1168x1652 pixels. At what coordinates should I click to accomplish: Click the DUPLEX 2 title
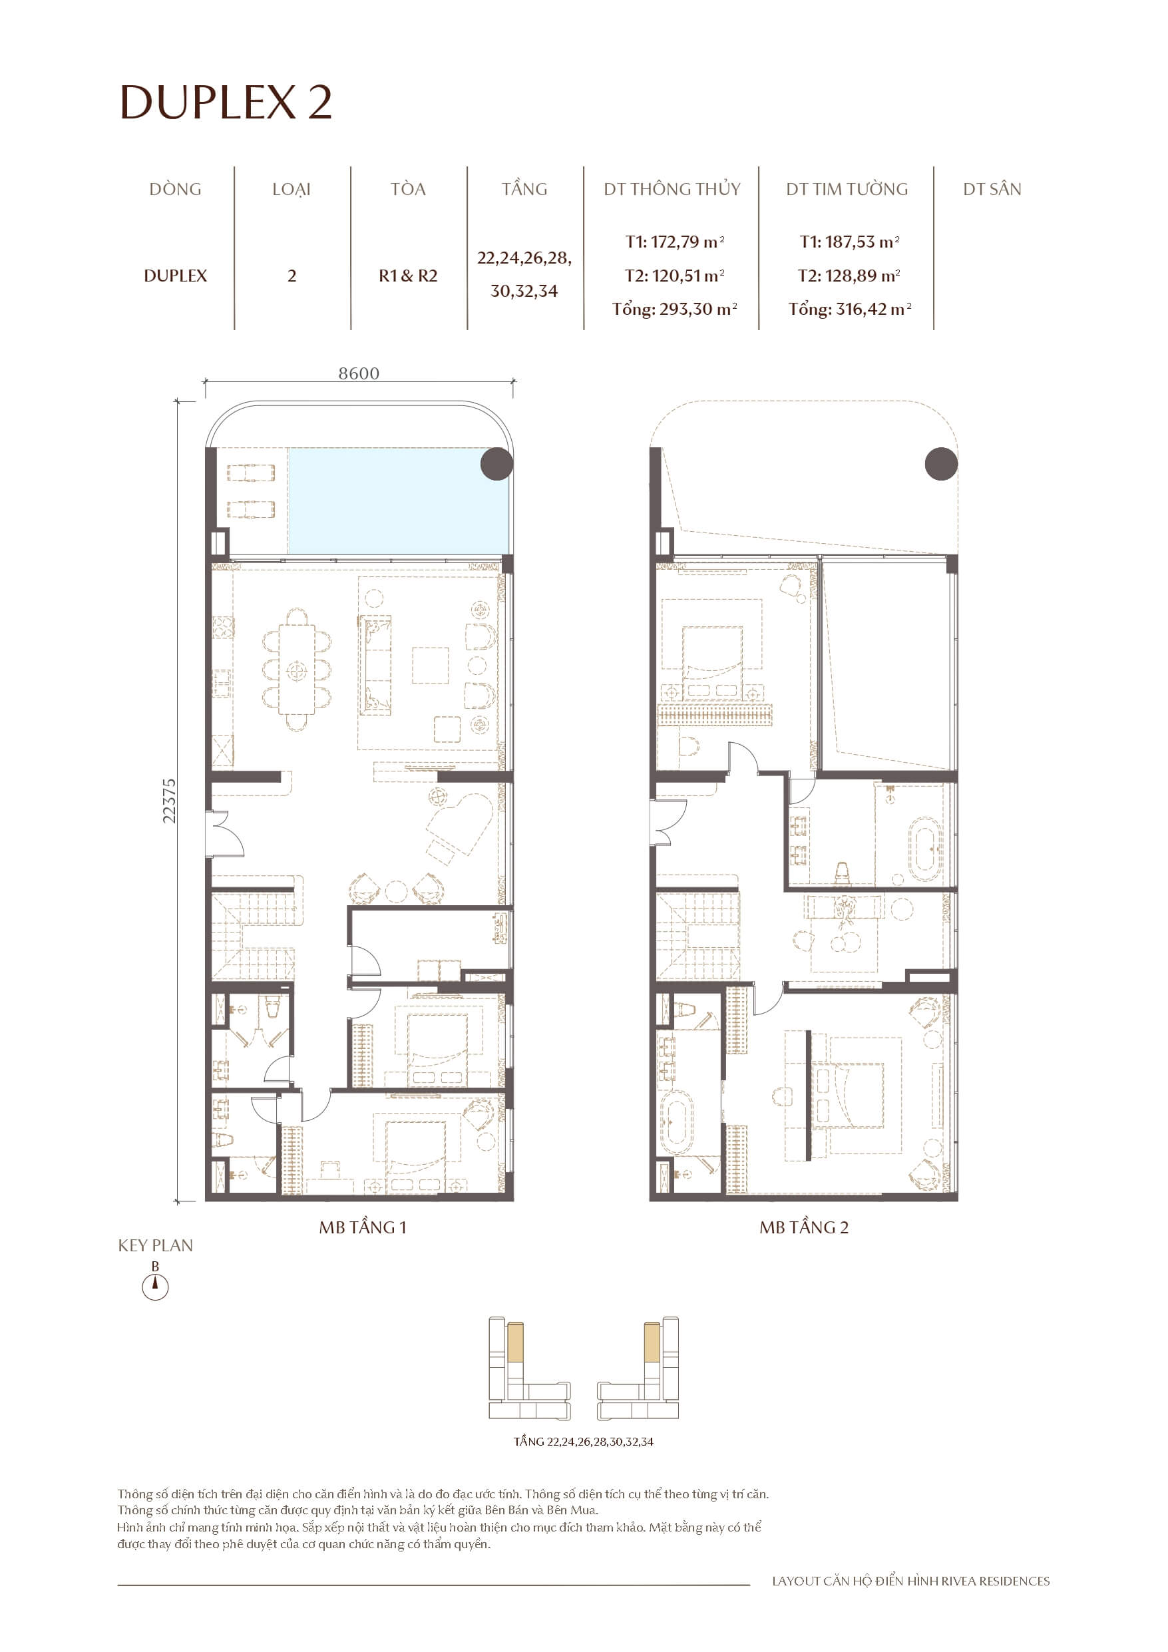click(x=225, y=103)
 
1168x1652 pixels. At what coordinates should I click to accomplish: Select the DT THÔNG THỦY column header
click(x=672, y=189)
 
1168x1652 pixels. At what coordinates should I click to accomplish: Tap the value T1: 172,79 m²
click(x=674, y=242)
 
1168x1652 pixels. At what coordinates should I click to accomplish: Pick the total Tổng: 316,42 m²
click(x=849, y=310)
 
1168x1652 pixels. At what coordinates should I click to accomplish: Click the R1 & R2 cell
click(x=408, y=276)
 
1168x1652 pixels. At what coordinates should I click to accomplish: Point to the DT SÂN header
click(x=992, y=189)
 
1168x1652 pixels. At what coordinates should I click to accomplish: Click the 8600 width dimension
click(x=359, y=373)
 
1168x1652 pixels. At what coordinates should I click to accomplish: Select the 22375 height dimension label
click(x=168, y=800)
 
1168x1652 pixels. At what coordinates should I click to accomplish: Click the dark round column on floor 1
click(x=496, y=464)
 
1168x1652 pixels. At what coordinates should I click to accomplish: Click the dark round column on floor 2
click(x=940, y=464)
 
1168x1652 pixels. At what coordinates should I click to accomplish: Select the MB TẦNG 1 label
click(x=363, y=1227)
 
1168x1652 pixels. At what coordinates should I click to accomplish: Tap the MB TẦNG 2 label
click(x=804, y=1227)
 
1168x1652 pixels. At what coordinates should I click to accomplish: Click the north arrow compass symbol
click(x=154, y=1287)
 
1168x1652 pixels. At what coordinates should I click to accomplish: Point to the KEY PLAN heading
click(x=156, y=1245)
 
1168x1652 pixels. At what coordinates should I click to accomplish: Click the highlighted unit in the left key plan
click(x=514, y=1342)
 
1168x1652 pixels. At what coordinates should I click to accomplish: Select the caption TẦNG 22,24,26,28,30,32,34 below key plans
click(x=583, y=1441)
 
